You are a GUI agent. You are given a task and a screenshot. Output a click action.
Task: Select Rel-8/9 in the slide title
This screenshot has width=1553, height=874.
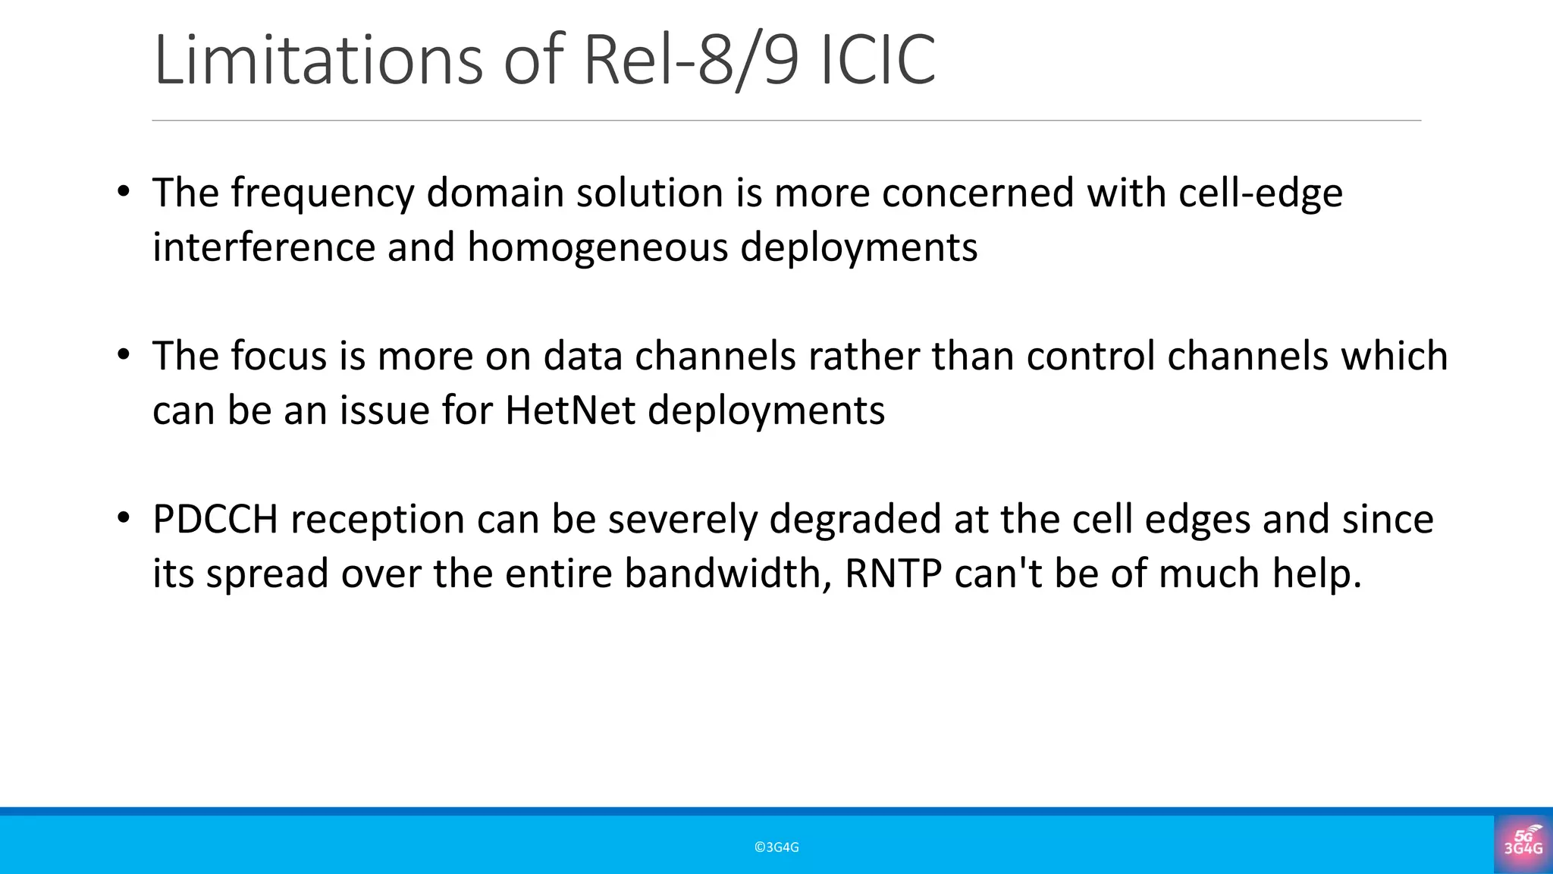coord(691,61)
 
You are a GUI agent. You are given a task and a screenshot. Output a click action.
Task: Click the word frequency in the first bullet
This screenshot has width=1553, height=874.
coord(322,194)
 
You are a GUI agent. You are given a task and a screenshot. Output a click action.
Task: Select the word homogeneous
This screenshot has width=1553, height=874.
coord(598,247)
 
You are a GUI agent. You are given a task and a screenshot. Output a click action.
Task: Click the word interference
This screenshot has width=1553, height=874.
coord(264,247)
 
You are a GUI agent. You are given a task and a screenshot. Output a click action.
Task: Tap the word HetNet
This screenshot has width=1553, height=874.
coord(570,410)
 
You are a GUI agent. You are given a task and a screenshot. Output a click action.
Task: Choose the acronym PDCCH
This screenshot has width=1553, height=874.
coord(215,520)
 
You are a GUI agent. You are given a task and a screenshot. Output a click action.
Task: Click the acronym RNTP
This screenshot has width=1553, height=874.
coord(893,574)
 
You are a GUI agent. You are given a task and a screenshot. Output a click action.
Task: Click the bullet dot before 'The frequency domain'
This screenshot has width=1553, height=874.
coord(124,191)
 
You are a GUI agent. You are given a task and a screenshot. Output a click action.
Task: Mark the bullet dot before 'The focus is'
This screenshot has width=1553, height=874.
coord(124,354)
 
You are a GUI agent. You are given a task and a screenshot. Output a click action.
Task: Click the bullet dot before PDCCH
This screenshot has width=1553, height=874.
coord(124,518)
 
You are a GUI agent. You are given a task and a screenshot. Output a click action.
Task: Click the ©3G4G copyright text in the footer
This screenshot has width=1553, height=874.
coord(776,847)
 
